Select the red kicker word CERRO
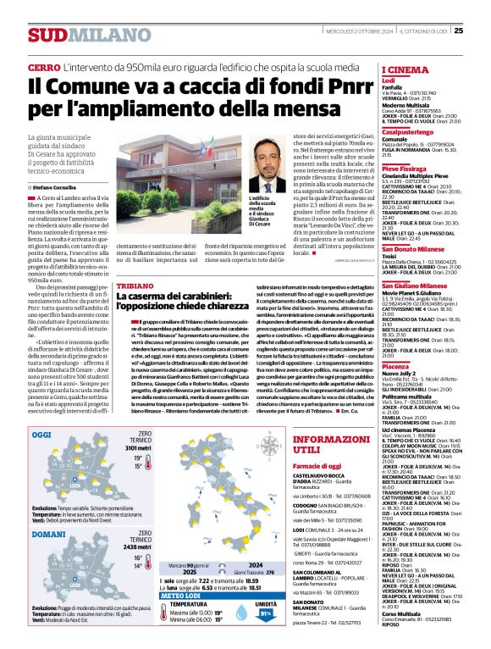pos(42,65)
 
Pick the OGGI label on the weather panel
pos(41,433)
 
